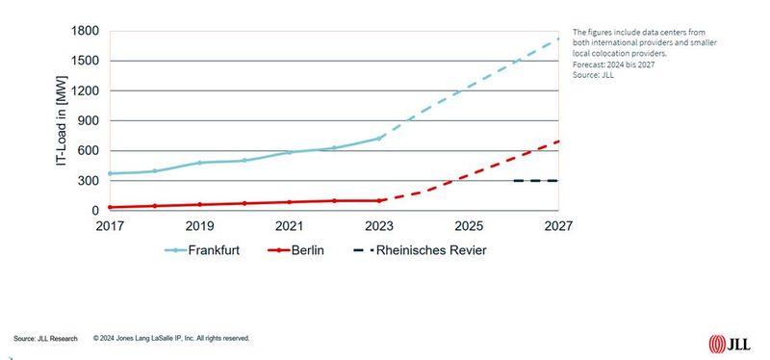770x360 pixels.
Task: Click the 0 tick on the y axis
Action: coord(94,211)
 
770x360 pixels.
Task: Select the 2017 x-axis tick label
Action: coord(108,226)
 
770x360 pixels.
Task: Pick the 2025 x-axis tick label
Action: coord(469,226)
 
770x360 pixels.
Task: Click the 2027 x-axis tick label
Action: coord(558,226)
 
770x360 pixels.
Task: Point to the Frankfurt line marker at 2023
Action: coord(379,139)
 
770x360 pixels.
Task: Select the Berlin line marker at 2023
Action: coord(379,200)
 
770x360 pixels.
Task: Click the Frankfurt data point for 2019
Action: coord(198,163)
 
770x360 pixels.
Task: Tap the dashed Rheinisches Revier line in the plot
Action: coord(535,181)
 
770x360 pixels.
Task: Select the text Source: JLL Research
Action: coord(47,339)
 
